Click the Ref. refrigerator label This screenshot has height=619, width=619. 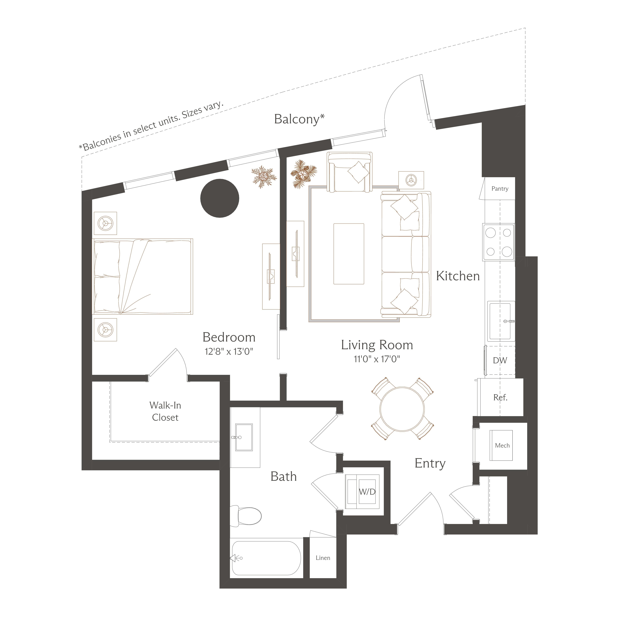pyautogui.click(x=500, y=398)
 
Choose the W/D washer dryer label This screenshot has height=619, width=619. pyautogui.click(x=367, y=492)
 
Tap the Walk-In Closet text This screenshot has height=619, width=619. pyautogui.click(x=165, y=411)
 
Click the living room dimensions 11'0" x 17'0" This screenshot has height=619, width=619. pyautogui.click(x=377, y=359)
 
